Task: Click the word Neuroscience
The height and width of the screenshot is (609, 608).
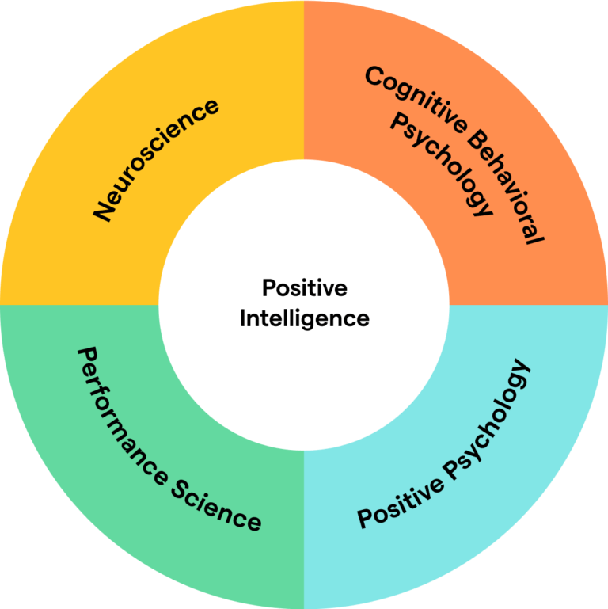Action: [156, 160]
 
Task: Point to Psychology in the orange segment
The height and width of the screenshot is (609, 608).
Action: [442, 164]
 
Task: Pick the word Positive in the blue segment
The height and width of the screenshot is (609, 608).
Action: [401, 503]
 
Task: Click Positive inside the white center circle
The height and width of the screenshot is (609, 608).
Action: [305, 288]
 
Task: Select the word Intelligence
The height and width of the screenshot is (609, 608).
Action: [305, 320]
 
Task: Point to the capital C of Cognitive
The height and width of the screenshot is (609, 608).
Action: [374, 76]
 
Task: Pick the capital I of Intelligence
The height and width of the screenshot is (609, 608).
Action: [242, 318]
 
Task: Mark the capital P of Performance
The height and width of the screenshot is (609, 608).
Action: [88, 356]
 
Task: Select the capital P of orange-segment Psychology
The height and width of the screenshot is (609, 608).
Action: [400, 122]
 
